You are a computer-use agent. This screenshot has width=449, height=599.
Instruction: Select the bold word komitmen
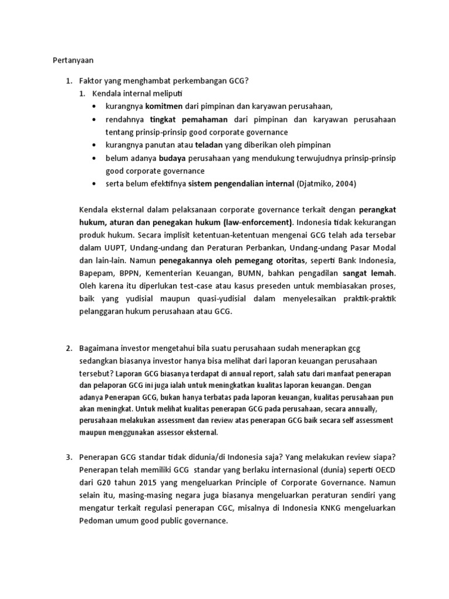point(165,106)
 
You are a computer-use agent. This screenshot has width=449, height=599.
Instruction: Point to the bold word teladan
point(211,145)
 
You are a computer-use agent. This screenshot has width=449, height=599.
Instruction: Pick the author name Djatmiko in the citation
point(316,184)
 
